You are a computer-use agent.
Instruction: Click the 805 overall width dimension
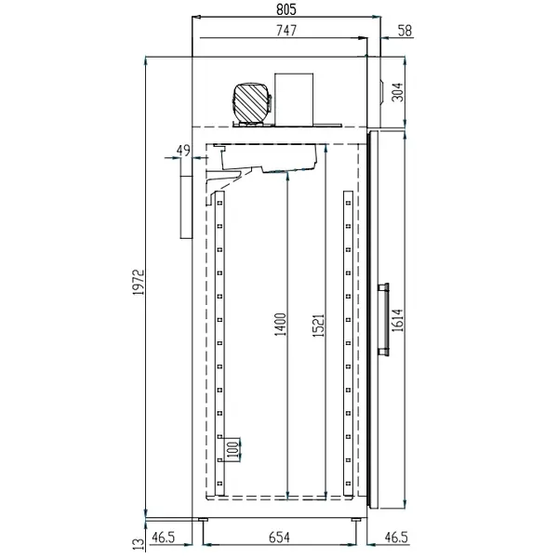click(286, 8)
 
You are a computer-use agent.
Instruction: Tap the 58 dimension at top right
click(404, 31)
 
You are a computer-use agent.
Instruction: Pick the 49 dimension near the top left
click(182, 150)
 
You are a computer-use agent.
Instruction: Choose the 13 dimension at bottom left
click(138, 541)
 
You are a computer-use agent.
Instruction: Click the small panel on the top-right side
click(378, 88)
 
